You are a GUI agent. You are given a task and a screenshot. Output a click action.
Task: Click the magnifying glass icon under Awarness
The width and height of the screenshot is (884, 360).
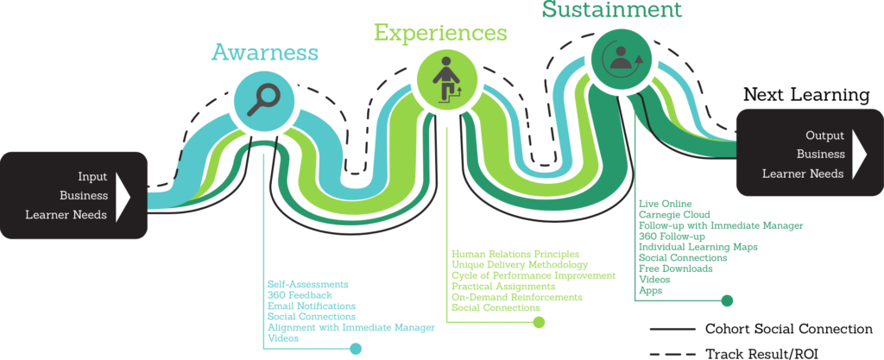pos(262,98)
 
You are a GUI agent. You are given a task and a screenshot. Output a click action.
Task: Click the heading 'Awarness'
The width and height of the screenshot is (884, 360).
pos(265,53)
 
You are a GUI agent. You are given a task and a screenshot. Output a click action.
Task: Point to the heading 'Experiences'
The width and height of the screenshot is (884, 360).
pos(440,33)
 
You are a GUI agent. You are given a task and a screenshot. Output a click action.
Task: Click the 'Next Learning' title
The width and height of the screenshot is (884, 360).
pos(806,94)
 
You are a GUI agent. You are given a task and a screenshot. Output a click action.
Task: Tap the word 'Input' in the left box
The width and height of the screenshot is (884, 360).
pos(92,176)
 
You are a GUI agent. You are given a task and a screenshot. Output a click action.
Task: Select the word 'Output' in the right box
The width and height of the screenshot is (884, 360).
pos(824,136)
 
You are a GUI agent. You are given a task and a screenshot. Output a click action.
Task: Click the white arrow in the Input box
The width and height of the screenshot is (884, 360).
pos(123,195)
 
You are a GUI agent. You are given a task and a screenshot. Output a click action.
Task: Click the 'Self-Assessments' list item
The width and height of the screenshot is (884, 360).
pos(308,284)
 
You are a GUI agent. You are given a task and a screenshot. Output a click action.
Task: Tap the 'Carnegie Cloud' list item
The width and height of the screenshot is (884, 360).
pos(674,214)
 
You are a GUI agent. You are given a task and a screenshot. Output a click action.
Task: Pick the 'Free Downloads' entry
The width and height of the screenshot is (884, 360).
pos(675,268)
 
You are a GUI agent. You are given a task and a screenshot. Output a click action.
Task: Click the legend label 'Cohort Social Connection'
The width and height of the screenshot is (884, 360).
pos(788,329)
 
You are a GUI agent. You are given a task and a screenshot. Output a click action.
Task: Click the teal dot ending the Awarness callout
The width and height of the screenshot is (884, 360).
pos(355,349)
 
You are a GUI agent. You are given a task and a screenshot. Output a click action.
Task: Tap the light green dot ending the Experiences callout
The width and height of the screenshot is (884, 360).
pos(539,322)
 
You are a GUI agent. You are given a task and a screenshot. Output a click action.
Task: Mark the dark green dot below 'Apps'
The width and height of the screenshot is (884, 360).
pos(727,300)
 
